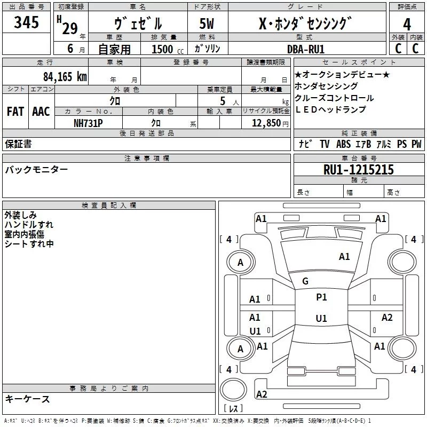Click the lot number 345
point(26,22)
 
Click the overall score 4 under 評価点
point(407,25)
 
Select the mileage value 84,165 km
point(65,77)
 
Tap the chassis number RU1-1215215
point(358,170)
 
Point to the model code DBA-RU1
point(305,49)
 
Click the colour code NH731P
point(88,123)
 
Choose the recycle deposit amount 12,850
point(266,123)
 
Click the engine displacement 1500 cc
point(168,49)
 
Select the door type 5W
point(207,23)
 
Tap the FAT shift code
point(15,112)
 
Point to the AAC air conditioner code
point(41,112)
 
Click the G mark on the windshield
point(305,281)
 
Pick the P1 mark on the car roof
point(321,297)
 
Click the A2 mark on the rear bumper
point(262,394)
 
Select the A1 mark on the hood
point(344,257)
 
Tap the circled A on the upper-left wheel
point(240,263)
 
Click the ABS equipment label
point(343,144)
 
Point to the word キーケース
point(28,399)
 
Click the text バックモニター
point(36,170)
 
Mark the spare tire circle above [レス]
point(233,390)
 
